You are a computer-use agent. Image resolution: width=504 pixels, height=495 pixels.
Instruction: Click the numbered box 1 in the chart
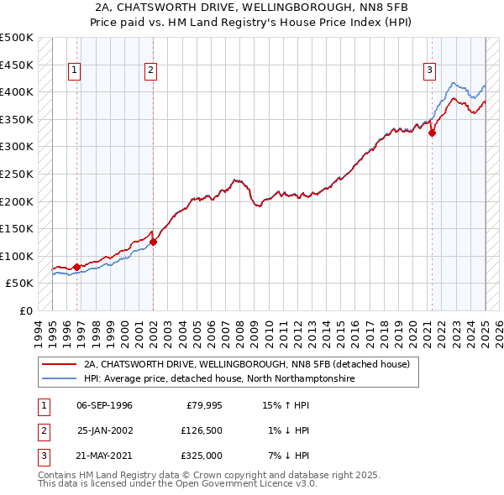click(75, 71)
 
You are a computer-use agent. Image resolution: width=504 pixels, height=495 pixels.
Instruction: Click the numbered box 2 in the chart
click(150, 71)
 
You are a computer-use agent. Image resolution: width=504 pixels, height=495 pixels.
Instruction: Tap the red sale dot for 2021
click(432, 133)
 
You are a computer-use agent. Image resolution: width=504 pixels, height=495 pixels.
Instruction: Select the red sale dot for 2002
click(154, 242)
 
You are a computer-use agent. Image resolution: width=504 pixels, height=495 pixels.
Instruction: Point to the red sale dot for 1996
click(76, 267)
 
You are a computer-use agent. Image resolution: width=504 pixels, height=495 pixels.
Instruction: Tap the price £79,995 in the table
click(204, 405)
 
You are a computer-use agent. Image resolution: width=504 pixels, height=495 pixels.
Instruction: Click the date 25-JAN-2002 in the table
click(104, 430)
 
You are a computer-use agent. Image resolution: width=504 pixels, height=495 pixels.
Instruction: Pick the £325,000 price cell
click(202, 456)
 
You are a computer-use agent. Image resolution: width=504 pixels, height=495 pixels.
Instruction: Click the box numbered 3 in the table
click(41, 456)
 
